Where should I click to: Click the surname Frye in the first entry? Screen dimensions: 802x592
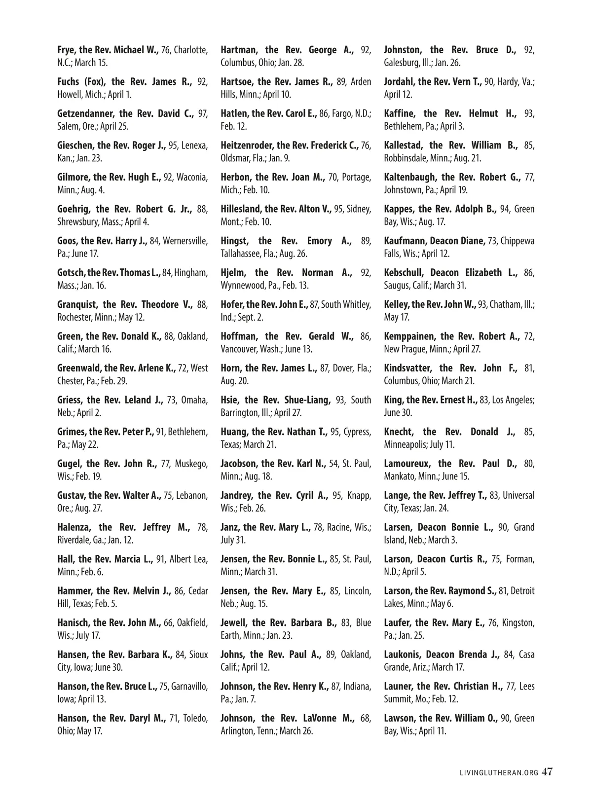[67, 50]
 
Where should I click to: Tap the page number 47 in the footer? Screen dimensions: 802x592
[547, 772]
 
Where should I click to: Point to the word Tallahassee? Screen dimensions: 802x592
[241, 254]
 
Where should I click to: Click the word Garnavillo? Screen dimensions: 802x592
[189, 687]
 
